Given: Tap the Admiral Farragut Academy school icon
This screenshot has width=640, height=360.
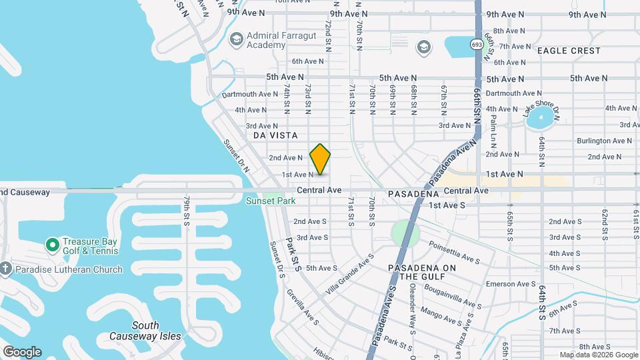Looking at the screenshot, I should (235, 39).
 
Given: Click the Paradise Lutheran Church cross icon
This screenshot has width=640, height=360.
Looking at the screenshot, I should (6, 269).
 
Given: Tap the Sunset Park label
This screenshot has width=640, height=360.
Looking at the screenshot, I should (271, 201).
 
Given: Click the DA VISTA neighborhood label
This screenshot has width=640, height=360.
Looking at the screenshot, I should (275, 135).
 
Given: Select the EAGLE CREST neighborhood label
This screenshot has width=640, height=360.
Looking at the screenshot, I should (569, 51).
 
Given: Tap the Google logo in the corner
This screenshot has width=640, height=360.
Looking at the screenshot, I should (22, 351).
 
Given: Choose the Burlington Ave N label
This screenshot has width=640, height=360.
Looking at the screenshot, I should (604, 141).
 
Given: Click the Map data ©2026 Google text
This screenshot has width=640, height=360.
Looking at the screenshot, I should (599, 355).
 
